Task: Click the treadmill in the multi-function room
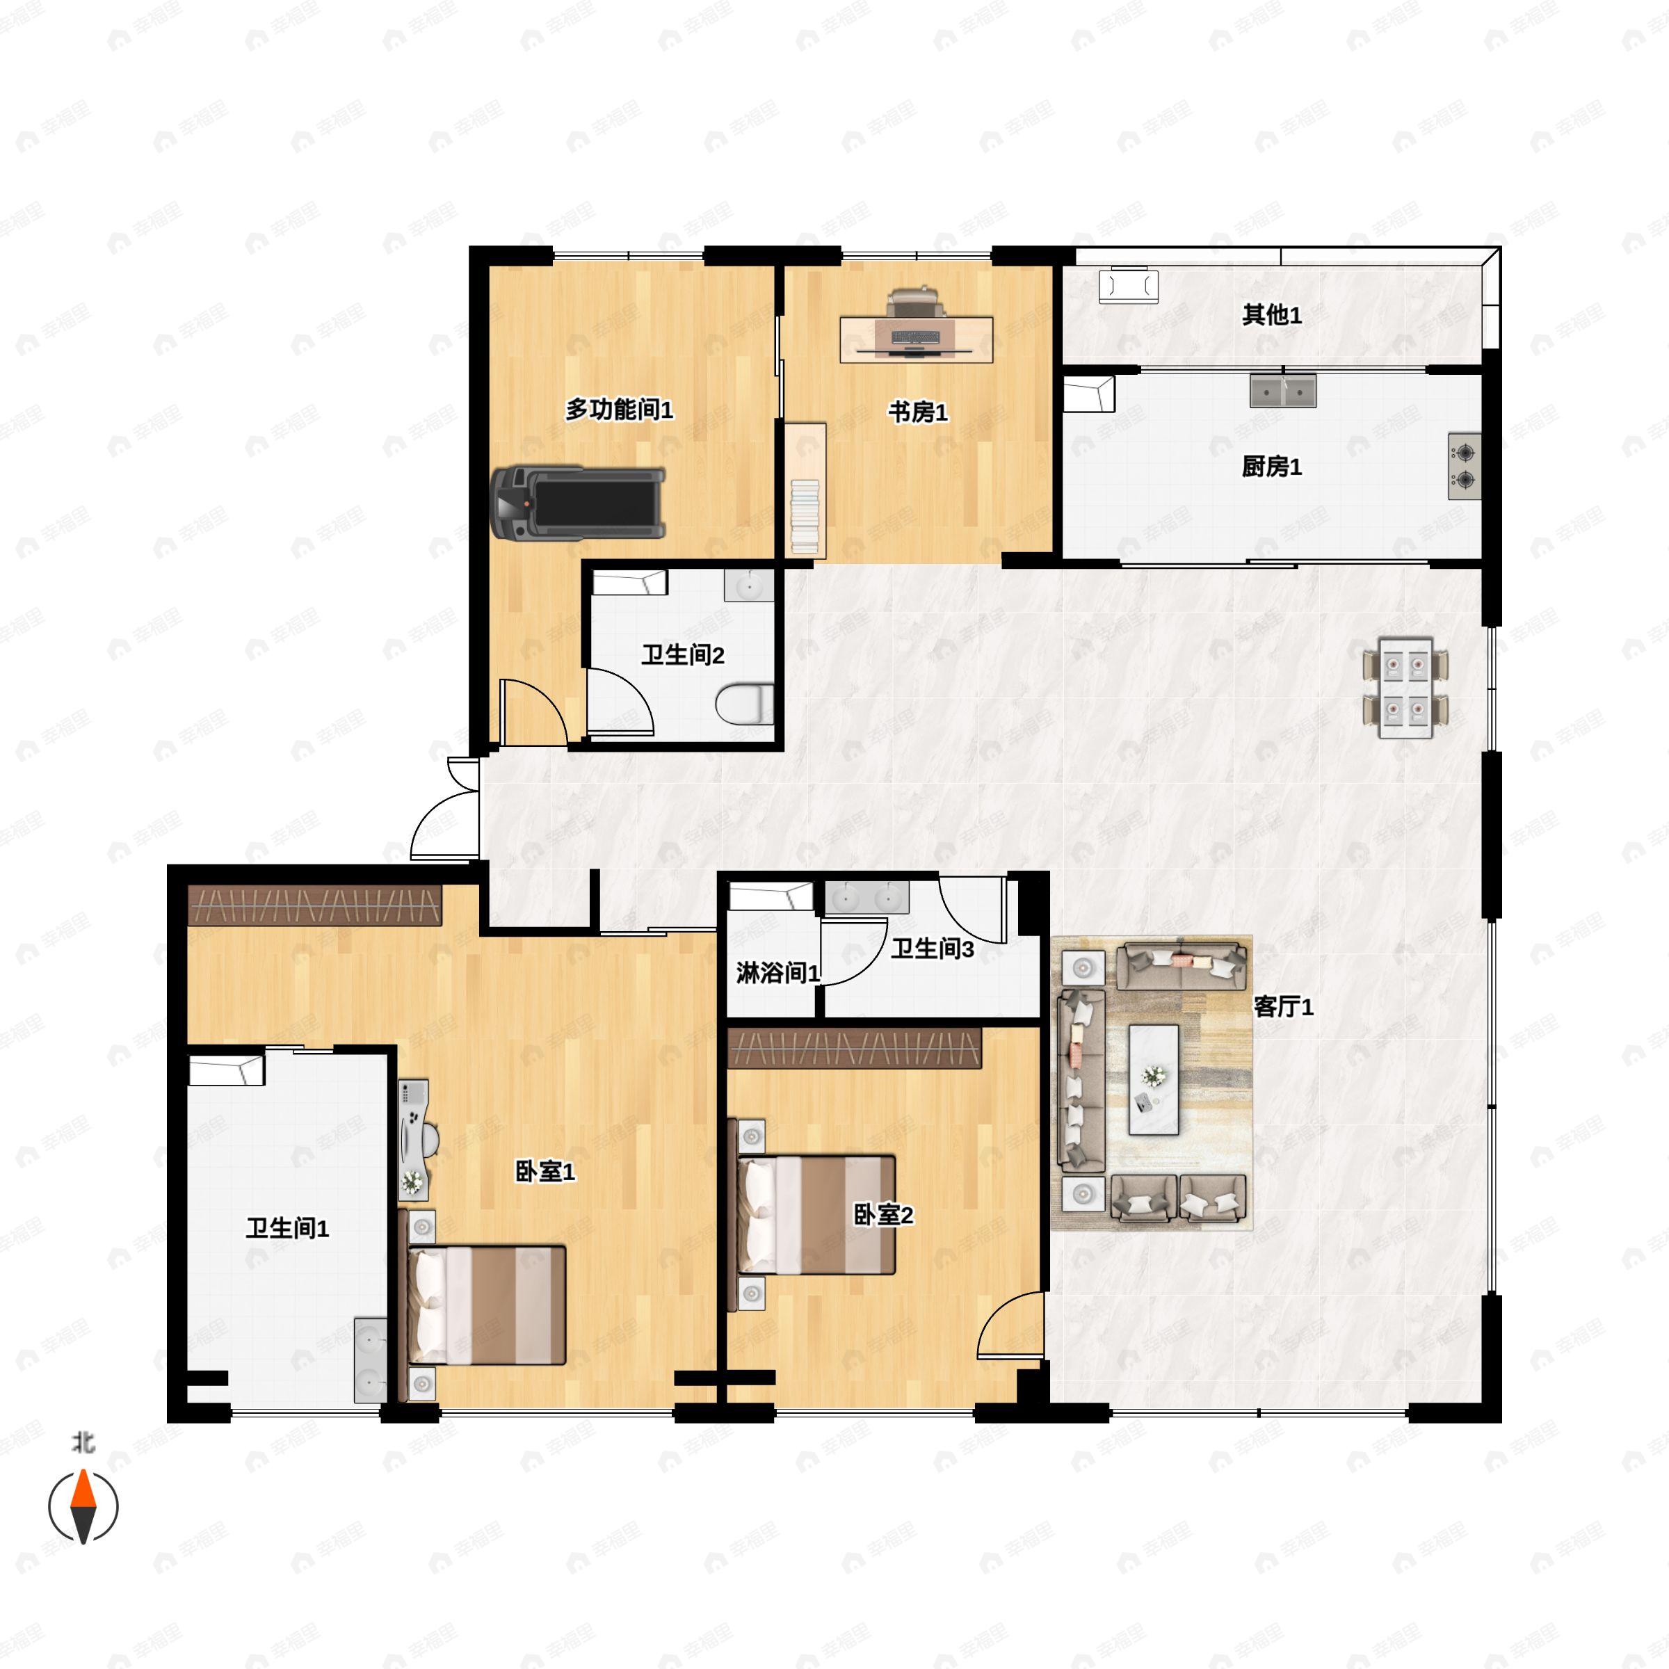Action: pos(577,503)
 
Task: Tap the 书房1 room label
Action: pos(917,413)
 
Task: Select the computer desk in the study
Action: pos(916,338)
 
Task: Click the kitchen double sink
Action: pos(1283,390)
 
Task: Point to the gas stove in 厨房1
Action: pos(1465,466)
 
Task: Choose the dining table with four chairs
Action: pos(1405,688)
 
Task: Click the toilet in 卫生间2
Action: pos(745,703)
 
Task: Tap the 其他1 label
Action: pos(1271,315)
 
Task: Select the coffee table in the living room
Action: pos(1153,1079)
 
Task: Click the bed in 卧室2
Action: pos(816,1215)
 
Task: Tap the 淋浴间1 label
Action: pos(777,974)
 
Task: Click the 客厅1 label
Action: pos(1283,1006)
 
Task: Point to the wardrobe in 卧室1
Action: pos(315,905)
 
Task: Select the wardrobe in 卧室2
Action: pos(855,1048)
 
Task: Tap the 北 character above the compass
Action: pos(83,1443)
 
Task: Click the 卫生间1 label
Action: pos(287,1227)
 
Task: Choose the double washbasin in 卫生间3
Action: pos(866,898)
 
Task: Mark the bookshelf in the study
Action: pos(805,490)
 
